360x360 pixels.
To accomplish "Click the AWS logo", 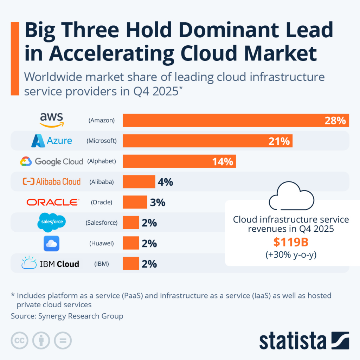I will click(52, 120).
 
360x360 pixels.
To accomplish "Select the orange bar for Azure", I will click(207, 141).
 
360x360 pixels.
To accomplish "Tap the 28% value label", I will click(335, 121).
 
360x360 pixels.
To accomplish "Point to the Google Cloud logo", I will click(52, 161).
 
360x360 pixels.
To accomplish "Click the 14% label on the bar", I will click(222, 162).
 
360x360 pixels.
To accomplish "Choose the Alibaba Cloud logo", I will click(52, 182).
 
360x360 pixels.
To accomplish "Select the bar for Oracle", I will click(135, 202).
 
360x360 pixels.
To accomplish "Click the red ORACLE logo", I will click(53, 202).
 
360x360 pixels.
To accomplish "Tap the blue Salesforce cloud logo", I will click(52, 222).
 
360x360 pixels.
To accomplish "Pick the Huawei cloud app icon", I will click(52, 243).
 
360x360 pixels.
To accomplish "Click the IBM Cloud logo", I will click(50, 264).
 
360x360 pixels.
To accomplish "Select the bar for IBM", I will click(131, 264).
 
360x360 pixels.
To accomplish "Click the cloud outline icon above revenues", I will click(291, 196).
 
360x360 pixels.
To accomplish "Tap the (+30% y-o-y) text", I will click(291, 255).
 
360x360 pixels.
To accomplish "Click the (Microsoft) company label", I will click(102, 141).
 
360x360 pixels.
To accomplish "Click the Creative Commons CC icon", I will click(20, 340).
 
